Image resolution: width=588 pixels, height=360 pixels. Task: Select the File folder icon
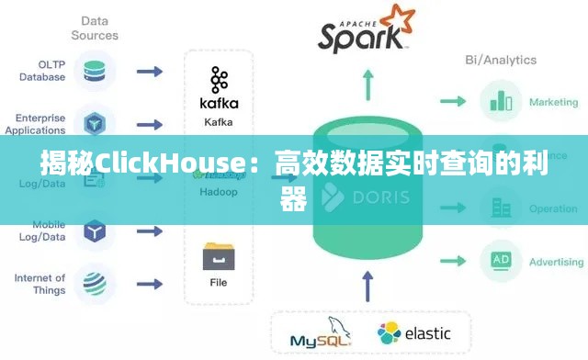pos(218,255)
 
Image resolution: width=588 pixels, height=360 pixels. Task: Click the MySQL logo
pos(321,335)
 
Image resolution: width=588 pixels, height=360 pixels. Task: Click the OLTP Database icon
pos(95,71)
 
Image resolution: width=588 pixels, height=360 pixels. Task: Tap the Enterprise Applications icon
pos(95,123)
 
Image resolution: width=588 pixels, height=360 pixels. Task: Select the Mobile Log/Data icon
pos(95,230)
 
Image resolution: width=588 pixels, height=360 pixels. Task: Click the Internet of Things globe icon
pos(95,282)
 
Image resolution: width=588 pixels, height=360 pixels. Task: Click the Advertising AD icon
pos(501,261)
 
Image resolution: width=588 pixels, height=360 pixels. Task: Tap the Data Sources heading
pos(95,28)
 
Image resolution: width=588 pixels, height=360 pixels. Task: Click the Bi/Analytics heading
pos(501,60)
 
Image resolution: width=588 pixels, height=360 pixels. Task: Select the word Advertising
pos(556,262)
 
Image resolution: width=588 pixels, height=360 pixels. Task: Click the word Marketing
pos(553,102)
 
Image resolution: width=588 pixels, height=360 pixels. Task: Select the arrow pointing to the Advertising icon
pos(453,261)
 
